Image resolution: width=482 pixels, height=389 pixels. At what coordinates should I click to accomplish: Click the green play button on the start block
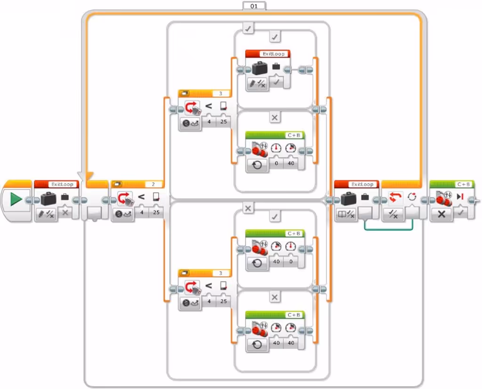tap(16, 199)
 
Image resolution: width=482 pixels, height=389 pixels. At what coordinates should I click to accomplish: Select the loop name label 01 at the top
tap(254, 6)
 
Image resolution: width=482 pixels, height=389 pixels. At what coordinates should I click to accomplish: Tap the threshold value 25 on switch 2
tap(156, 213)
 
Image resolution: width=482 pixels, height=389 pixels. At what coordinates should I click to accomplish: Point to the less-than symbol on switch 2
tap(141, 197)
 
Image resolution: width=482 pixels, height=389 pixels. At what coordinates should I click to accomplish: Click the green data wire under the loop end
tap(389, 229)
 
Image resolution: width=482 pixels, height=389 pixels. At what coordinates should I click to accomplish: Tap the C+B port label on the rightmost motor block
tap(464, 185)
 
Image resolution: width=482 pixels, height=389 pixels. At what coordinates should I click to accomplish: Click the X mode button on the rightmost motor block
tap(442, 214)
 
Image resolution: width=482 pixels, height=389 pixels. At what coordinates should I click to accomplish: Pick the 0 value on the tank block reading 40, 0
tap(290, 262)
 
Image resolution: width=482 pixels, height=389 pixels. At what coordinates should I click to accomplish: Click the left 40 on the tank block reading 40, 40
tap(277, 343)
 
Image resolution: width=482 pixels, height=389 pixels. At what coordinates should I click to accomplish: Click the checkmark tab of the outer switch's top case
tap(248, 29)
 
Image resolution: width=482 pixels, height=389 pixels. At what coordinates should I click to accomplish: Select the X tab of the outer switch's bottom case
tap(248, 208)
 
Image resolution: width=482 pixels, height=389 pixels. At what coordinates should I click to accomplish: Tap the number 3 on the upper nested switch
tap(220, 94)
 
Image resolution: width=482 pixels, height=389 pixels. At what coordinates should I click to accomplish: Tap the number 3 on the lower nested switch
tap(220, 273)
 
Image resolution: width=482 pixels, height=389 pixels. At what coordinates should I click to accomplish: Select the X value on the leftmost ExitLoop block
tap(65, 213)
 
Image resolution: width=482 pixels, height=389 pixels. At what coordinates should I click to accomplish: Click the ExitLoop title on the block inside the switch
tap(273, 54)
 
